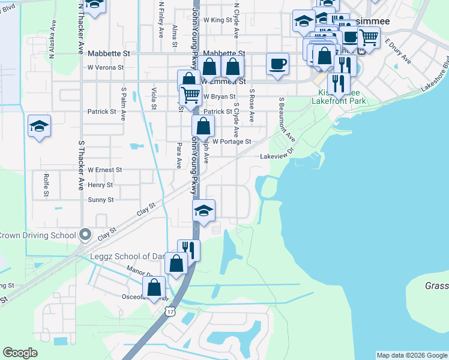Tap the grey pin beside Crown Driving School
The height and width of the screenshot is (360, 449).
pos(85,235)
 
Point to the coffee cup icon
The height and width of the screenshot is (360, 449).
pos(277,64)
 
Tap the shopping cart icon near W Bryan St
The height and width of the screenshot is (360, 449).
pos(190,94)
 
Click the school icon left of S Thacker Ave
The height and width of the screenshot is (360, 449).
pos(39,127)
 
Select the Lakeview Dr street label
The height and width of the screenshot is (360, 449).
pos(276,156)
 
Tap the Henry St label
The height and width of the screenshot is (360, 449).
pos(100,185)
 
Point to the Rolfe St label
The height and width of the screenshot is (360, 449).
pos(46,185)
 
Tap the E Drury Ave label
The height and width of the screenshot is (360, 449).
pos(398,51)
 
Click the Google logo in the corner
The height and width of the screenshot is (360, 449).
pos(20,353)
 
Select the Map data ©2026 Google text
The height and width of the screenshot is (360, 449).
pos(412,355)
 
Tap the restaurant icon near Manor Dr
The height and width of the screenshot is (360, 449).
pos(188,250)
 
